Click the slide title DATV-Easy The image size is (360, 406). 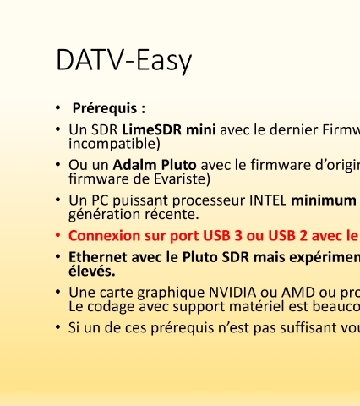[x=124, y=61]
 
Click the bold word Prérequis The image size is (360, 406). [x=105, y=108]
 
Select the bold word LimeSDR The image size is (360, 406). [x=152, y=129]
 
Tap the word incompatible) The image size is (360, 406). [x=114, y=144]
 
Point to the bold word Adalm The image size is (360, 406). [x=134, y=165]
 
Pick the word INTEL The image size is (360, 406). [x=268, y=200]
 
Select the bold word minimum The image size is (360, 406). [x=324, y=200]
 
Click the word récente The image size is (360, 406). [x=172, y=214]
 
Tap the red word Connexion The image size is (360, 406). [x=104, y=236]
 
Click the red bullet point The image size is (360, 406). [x=58, y=235]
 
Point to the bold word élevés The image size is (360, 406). [x=92, y=271]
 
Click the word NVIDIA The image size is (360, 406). [x=232, y=293]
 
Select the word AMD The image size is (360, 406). [x=298, y=293]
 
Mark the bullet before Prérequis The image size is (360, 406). [x=58, y=107]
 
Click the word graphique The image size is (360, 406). [x=171, y=293]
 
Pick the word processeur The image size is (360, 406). [x=209, y=201]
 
